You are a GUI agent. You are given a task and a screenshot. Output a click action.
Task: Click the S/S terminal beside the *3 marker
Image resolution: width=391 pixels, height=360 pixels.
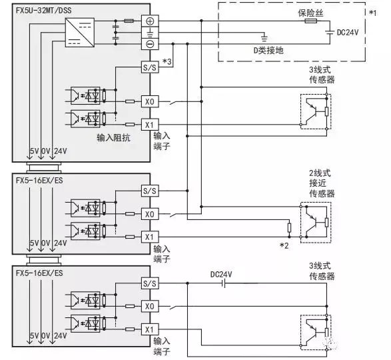pyautogui.click(x=149, y=68)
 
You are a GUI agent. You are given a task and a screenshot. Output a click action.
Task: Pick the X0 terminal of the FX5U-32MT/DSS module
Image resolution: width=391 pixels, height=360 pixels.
pyautogui.click(x=149, y=102)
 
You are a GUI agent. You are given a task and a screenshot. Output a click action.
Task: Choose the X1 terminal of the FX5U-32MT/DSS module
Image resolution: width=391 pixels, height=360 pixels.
pyautogui.click(x=149, y=124)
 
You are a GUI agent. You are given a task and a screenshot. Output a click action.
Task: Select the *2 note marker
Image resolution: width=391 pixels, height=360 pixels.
pyautogui.click(x=285, y=246)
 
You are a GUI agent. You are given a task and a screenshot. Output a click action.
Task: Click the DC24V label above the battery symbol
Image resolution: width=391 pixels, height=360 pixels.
pyautogui.click(x=221, y=273)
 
